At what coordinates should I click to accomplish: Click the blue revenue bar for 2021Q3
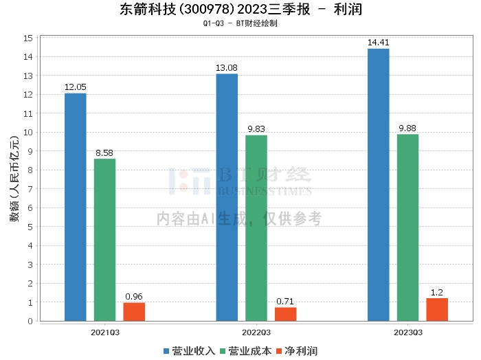click(x=75, y=207)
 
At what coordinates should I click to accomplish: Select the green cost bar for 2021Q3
click(x=104, y=240)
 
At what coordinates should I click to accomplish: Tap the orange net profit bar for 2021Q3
click(x=134, y=312)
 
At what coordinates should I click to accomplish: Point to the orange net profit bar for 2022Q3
click(x=286, y=314)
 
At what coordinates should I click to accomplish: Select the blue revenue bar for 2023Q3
click(x=379, y=185)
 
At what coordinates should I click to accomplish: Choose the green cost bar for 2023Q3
click(x=407, y=227)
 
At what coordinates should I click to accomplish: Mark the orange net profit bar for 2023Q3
click(x=437, y=309)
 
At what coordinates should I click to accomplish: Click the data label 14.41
click(x=379, y=43)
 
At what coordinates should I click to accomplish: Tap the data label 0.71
click(x=286, y=302)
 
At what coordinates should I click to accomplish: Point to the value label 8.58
click(x=104, y=153)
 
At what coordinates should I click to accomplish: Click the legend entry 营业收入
click(x=190, y=351)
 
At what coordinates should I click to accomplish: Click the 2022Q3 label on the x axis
click(x=256, y=332)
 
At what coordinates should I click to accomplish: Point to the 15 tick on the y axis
click(x=28, y=38)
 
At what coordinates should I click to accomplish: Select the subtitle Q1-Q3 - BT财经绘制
click(x=240, y=23)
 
